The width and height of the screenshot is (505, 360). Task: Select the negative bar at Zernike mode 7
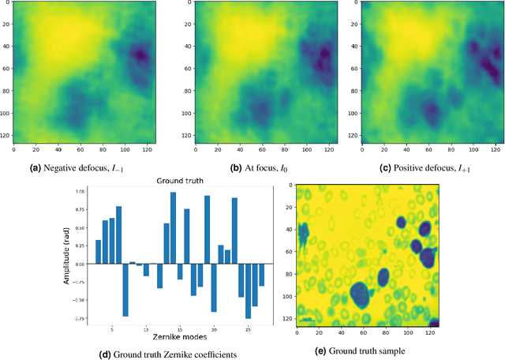coord(125,290)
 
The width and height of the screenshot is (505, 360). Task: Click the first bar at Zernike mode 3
coord(98,252)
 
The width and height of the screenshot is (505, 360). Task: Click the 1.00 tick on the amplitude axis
coord(80,192)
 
